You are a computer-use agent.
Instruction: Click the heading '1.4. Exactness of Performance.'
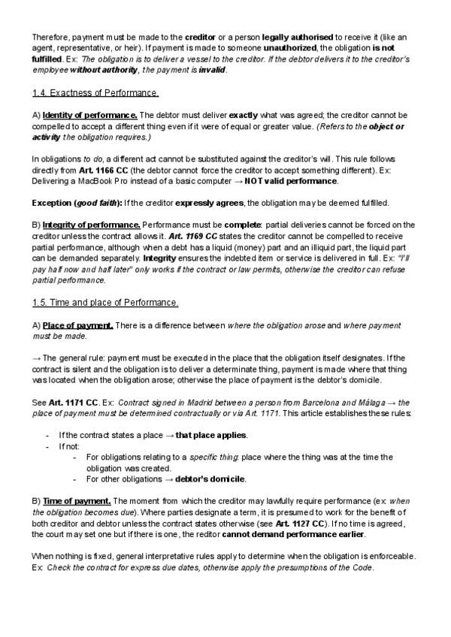(x=95, y=93)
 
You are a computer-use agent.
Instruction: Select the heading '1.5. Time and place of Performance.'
(x=105, y=302)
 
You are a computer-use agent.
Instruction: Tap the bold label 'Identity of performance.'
(x=90, y=115)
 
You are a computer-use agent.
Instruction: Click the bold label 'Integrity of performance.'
(x=92, y=225)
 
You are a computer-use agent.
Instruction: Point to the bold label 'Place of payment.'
(x=78, y=325)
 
